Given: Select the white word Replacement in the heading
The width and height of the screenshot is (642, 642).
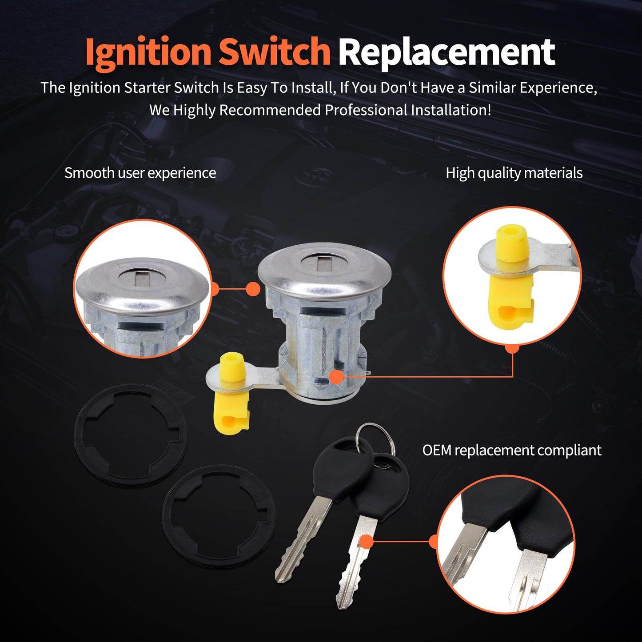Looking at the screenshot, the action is [x=447, y=52].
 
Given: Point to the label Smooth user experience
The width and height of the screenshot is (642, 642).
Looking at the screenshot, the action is [x=140, y=173].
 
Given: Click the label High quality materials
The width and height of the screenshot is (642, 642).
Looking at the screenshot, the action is [x=514, y=173].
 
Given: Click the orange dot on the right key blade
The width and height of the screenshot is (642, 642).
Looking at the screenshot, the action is [x=367, y=542].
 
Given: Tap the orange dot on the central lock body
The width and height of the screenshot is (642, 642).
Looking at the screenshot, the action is [x=337, y=377].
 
